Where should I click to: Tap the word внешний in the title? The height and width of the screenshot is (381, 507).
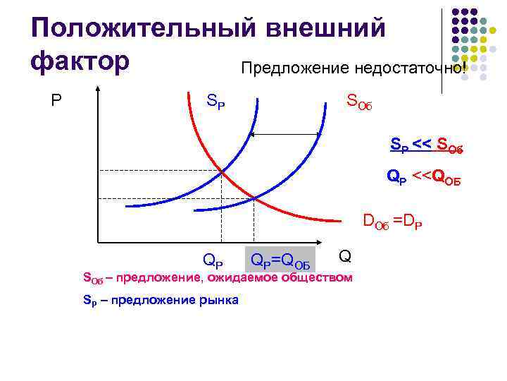[x=323, y=28]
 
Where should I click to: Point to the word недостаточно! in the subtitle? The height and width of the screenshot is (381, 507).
[x=403, y=68]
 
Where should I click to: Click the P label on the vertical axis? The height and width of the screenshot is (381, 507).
[x=56, y=101]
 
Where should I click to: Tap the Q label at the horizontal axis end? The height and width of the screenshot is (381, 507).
[x=344, y=255]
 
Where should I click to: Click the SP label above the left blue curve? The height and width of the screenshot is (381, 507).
[x=215, y=101]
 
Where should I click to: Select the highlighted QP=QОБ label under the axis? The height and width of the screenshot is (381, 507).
[x=280, y=262]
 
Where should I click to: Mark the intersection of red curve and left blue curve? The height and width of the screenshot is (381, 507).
[x=222, y=171]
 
